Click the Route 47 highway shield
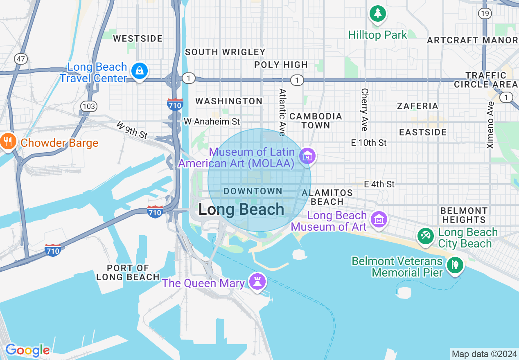point(21,59)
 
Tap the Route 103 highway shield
point(89,106)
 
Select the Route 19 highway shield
point(485,13)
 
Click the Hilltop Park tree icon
point(377,13)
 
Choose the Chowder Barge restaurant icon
point(8,142)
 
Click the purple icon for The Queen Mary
point(257,282)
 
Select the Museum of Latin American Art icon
point(307,155)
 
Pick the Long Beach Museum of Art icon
point(379,219)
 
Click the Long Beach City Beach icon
point(426,236)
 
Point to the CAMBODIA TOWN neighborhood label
point(316,121)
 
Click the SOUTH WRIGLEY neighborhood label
point(225,52)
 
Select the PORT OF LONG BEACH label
point(128,272)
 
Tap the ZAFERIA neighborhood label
point(417,106)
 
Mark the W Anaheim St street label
point(212,122)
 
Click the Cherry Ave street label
point(364,110)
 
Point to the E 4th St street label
point(379,184)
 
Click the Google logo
point(27,350)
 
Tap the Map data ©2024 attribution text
point(484,354)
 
